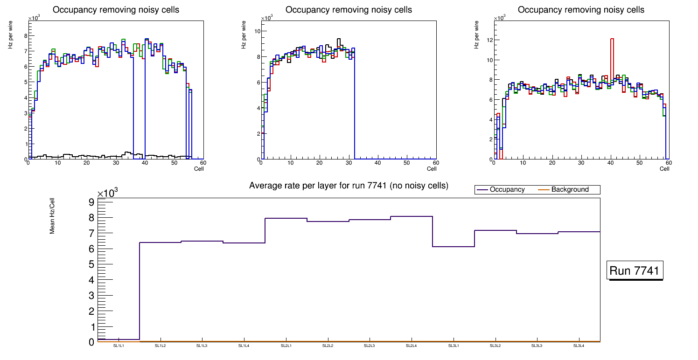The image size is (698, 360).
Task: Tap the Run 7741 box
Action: click(635, 271)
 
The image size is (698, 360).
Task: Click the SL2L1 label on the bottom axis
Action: click(286, 346)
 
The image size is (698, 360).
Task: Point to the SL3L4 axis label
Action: click(579, 346)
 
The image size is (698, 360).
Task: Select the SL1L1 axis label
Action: click(119, 346)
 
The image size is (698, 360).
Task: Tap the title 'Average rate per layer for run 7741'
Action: click(349, 186)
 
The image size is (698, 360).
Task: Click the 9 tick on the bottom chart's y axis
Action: click(91, 202)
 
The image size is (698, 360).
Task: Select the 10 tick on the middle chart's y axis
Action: click(257, 31)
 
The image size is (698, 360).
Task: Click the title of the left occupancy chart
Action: click(116, 10)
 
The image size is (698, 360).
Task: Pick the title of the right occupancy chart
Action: click(581, 10)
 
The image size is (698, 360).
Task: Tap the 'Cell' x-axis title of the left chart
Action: click(199, 168)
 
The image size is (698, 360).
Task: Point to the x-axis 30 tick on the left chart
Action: click(116, 163)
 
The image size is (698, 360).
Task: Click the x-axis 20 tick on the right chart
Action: click(552, 163)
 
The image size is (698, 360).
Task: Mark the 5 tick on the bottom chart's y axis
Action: click(91, 264)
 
